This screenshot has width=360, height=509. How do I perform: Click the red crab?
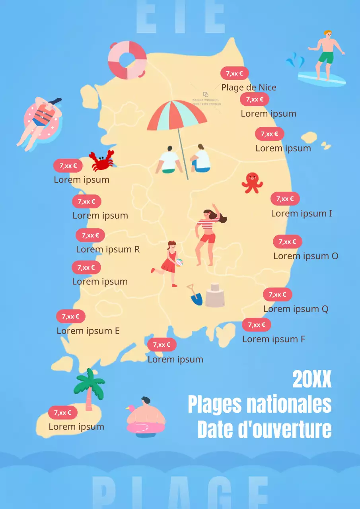101,161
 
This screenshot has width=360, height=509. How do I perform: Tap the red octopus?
252,183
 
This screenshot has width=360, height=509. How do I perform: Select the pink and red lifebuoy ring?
127,60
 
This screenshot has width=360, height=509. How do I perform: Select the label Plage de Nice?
249,87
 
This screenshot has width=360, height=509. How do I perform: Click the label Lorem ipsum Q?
296,309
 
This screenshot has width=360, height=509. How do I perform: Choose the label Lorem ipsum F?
274,339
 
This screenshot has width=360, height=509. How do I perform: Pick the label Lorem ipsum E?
88,331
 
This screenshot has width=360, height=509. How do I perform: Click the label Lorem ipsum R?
108,249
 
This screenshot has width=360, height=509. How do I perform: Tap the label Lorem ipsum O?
306,256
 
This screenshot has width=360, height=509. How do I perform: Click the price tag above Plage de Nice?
234,74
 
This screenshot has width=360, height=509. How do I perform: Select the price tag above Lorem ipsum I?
285,199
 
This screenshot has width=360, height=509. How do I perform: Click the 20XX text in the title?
312,379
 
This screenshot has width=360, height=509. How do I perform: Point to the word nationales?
289,404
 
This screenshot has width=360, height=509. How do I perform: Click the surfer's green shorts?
326,57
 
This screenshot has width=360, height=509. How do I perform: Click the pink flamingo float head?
130,409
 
